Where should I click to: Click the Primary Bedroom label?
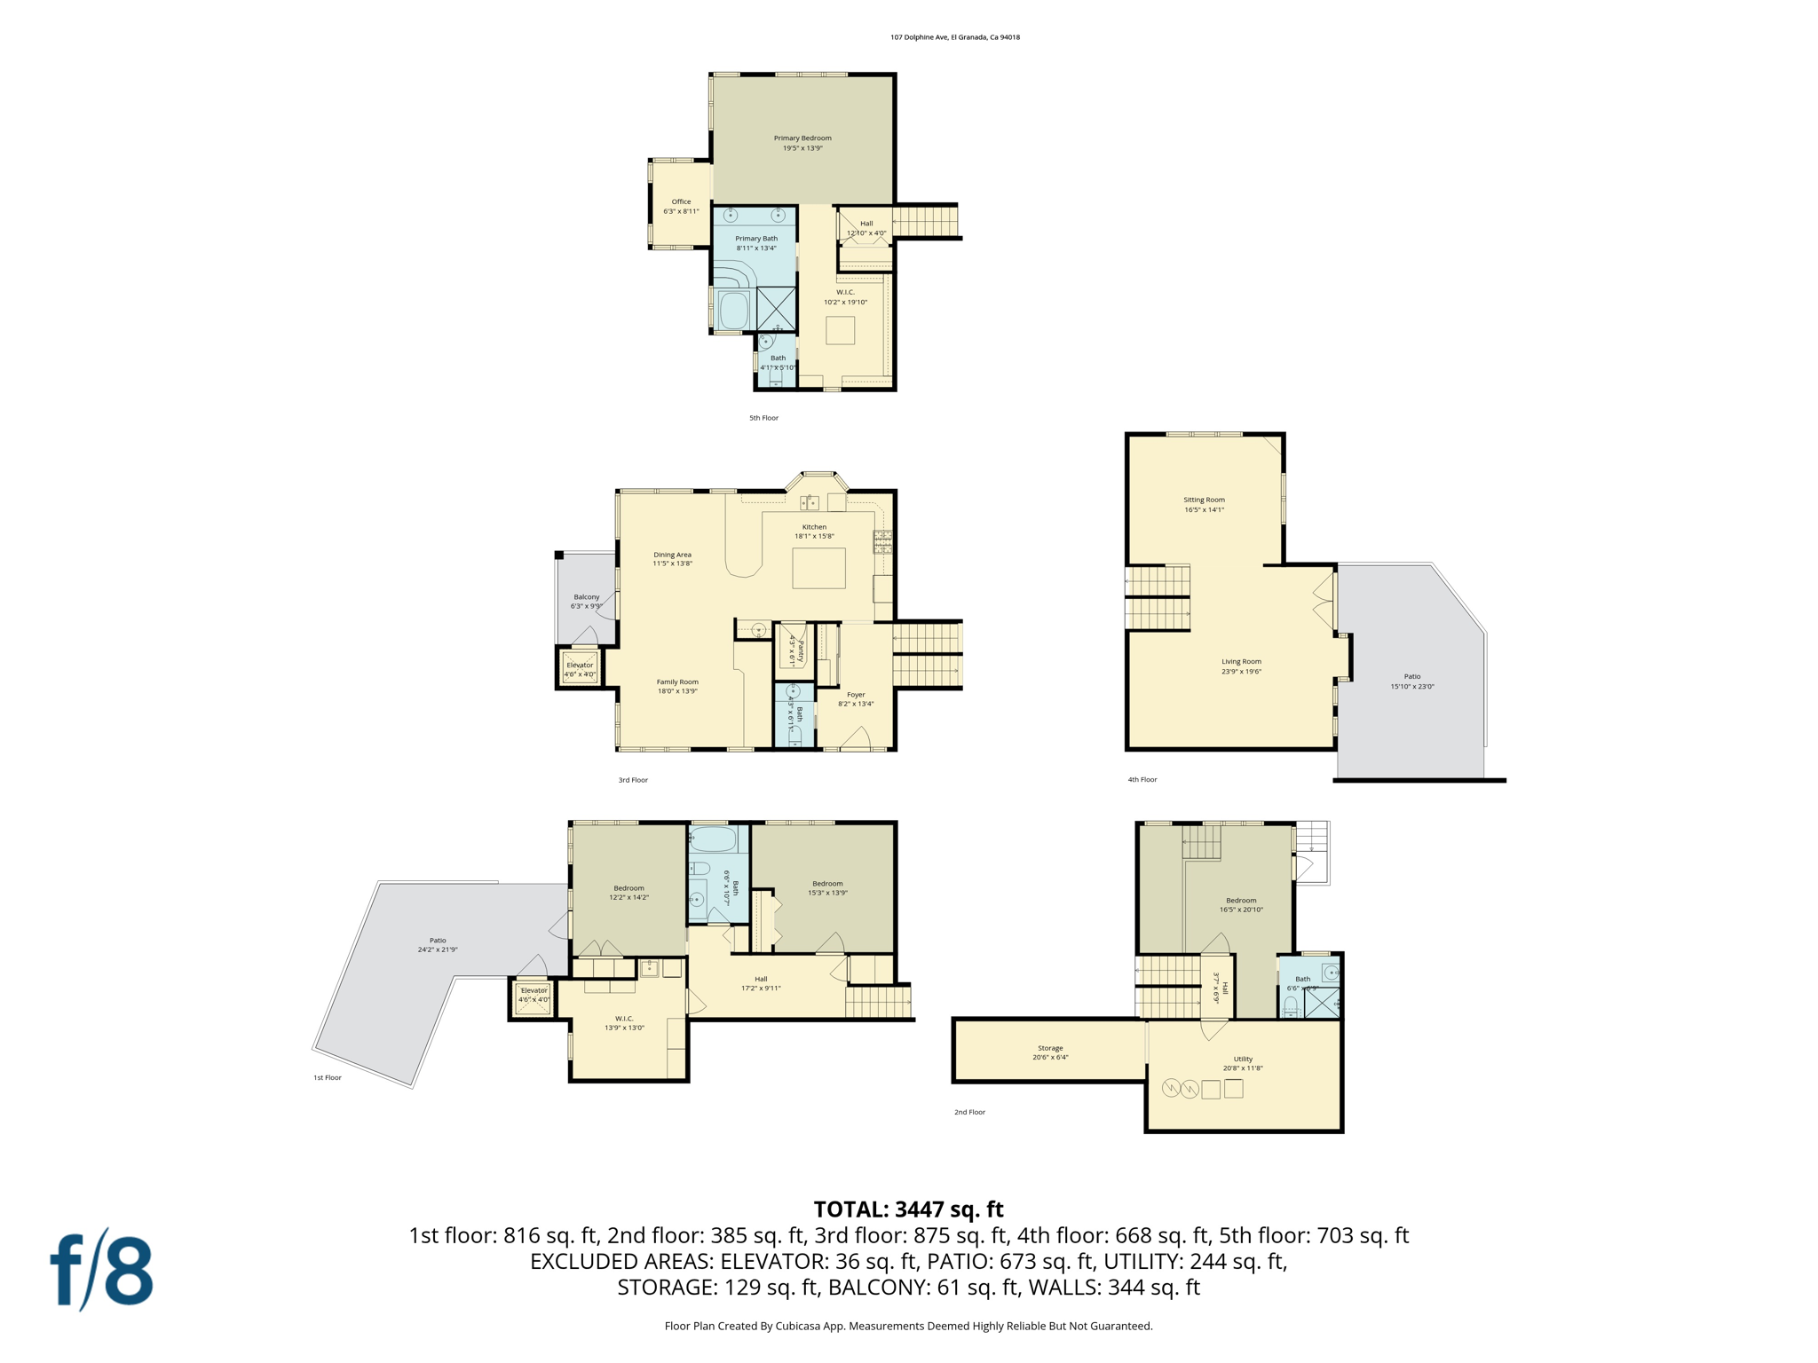click(802, 138)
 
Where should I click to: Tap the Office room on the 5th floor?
click(681, 206)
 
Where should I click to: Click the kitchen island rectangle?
click(818, 568)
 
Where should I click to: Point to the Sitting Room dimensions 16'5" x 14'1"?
click(1204, 510)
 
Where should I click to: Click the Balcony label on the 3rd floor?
click(586, 597)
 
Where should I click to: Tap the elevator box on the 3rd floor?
click(580, 668)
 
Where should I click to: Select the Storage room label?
click(1050, 1048)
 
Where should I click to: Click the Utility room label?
click(1243, 1059)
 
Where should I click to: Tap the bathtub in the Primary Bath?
click(734, 311)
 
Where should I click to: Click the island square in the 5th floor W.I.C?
click(840, 331)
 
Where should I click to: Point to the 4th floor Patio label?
click(1411, 676)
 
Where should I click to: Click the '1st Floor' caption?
click(327, 1077)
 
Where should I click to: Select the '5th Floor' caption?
click(763, 418)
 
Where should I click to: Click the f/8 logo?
click(101, 1270)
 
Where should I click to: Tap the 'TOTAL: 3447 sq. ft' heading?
click(908, 1209)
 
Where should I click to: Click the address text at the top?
click(954, 37)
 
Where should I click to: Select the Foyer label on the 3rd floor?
click(855, 695)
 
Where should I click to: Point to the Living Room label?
click(1240, 661)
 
